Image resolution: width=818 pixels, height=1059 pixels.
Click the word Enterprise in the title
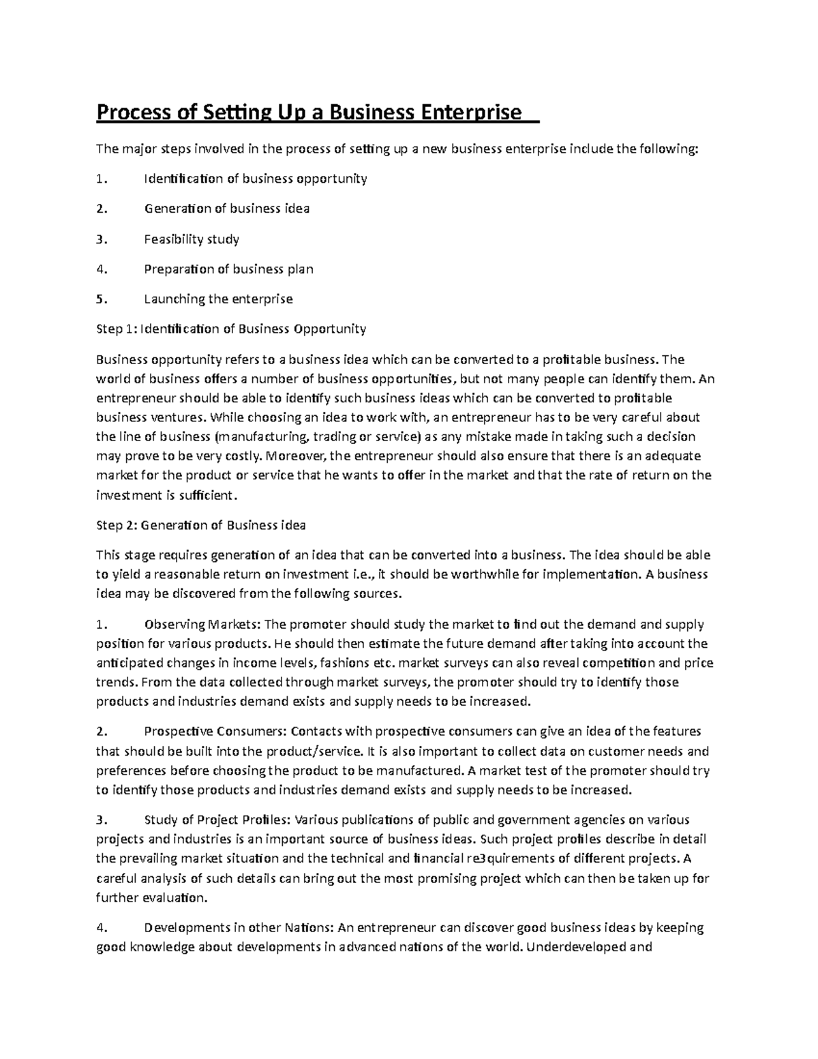(x=470, y=112)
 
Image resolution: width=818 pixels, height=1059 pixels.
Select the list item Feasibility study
(x=192, y=239)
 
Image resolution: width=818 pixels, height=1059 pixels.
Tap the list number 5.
(x=102, y=299)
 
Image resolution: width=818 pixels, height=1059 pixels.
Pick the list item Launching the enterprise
(x=218, y=299)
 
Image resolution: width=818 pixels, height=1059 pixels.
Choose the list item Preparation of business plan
(x=228, y=269)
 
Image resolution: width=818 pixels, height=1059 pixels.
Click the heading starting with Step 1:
(x=231, y=329)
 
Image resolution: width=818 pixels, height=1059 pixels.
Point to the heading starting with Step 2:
(x=201, y=525)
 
